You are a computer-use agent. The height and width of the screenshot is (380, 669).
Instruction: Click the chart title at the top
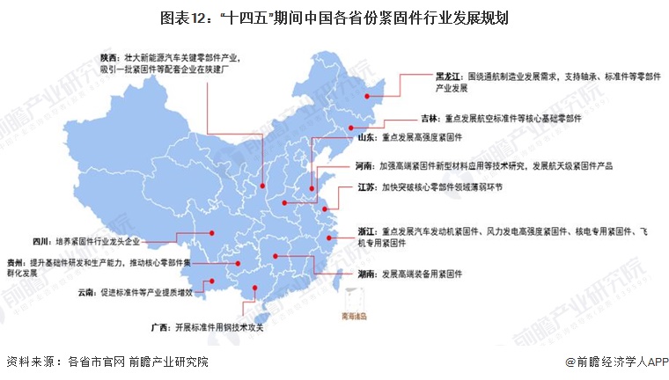[x=334, y=17]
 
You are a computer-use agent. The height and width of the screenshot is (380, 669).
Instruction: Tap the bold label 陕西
[x=111, y=56]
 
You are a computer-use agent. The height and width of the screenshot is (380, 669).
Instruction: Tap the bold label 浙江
[x=367, y=230]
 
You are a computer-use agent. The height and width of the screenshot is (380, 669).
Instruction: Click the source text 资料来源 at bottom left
[x=31, y=362]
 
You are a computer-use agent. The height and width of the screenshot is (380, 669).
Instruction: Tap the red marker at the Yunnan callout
[x=206, y=283]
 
